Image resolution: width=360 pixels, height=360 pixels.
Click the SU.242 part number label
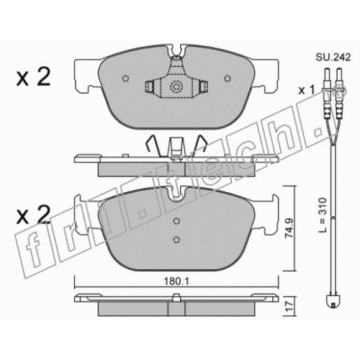pos(333,58)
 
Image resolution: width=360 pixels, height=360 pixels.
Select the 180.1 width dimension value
pos(176,281)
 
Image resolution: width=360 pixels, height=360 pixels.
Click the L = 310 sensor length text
pos(323,215)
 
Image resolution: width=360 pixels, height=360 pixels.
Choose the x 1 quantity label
pos(306,91)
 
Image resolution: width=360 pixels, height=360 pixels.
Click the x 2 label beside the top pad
pos(33,76)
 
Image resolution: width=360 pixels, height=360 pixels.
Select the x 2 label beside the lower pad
pos(33,215)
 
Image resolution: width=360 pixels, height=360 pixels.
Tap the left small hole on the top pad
pos(125,78)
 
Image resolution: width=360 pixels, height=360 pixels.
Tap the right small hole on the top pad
pos(227,78)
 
